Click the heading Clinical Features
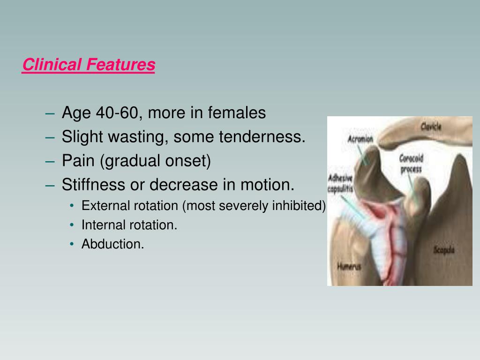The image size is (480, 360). [x=89, y=65]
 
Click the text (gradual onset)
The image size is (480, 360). [x=155, y=161]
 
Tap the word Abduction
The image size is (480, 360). [x=112, y=244]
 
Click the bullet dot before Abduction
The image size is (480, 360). [x=72, y=244]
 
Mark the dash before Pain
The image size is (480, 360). [x=51, y=162]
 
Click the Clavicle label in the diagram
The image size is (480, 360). [x=431, y=126]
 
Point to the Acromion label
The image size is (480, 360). [x=360, y=139]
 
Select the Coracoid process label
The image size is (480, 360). [x=411, y=164]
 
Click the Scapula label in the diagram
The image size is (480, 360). [x=443, y=250]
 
